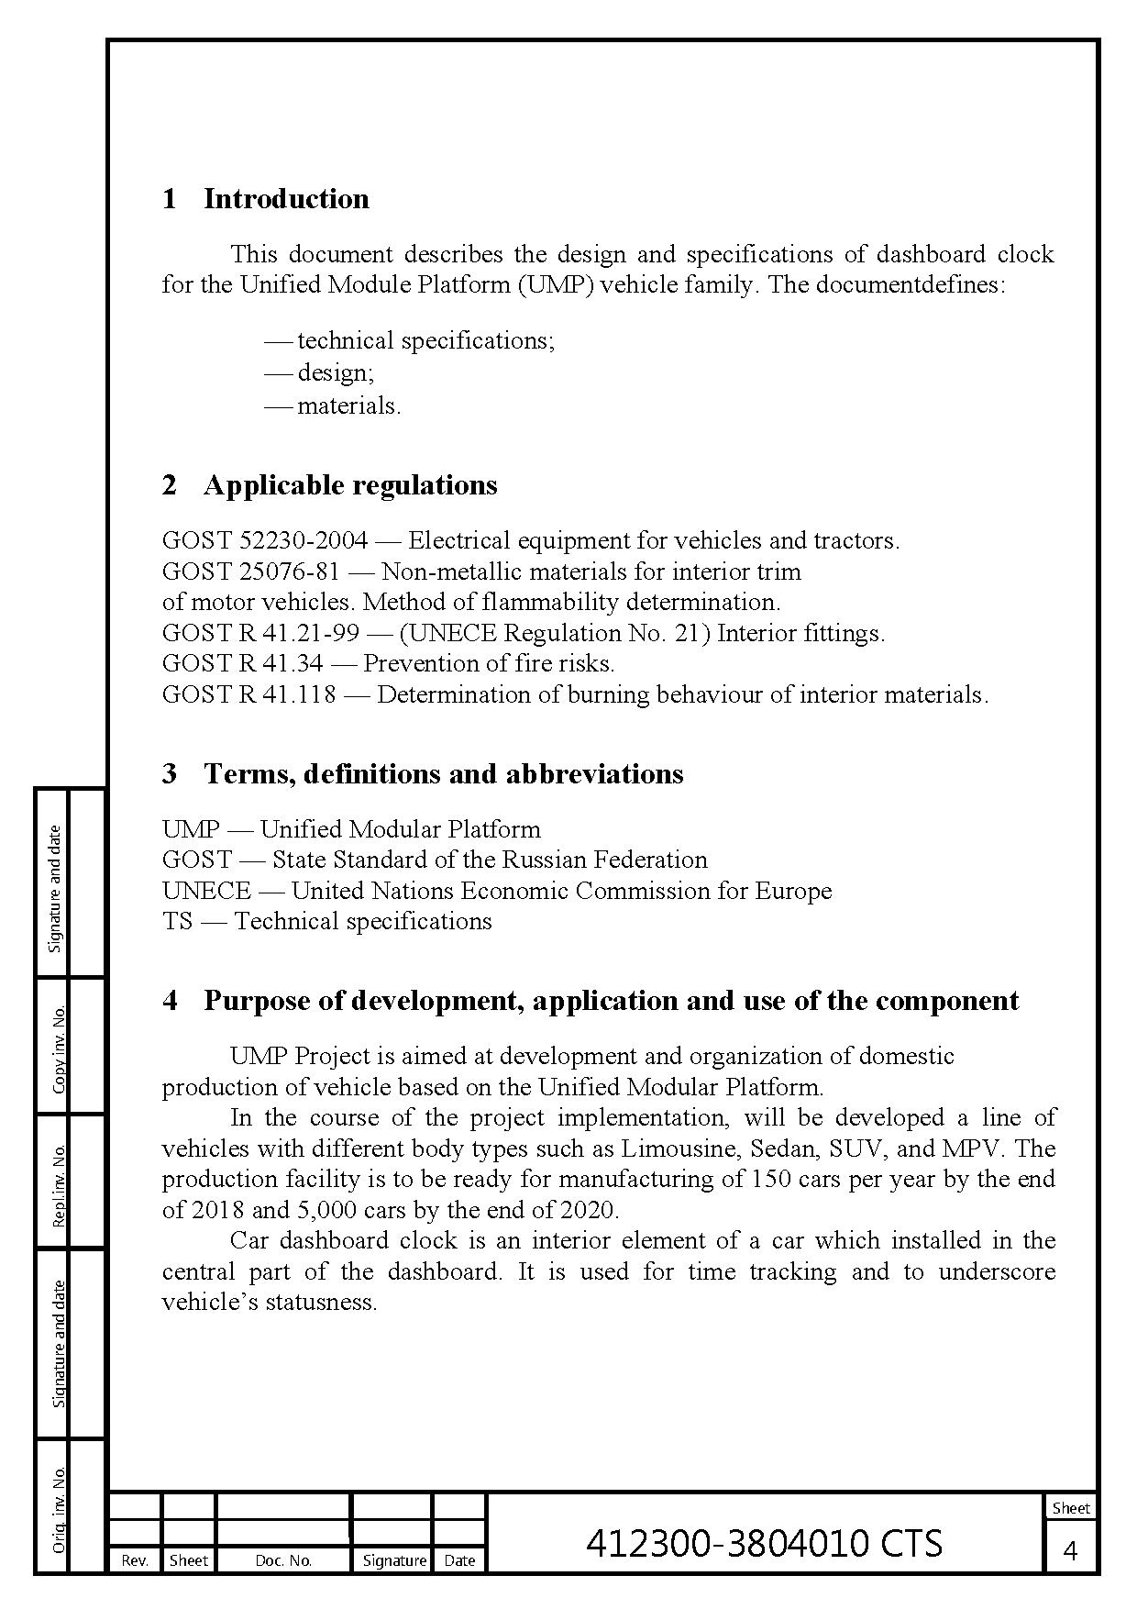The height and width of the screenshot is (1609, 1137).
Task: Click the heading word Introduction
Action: point(286,199)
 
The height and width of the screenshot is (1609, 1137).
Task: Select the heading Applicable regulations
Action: point(350,485)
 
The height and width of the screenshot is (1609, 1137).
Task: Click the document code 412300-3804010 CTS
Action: point(764,1544)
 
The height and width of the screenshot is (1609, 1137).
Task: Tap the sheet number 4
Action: point(1070,1551)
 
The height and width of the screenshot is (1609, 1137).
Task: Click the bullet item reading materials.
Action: point(348,405)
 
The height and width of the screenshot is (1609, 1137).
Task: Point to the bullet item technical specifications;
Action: point(425,340)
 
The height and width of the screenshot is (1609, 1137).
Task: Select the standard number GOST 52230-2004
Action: point(265,540)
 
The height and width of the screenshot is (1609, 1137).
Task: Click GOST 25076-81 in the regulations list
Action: point(250,571)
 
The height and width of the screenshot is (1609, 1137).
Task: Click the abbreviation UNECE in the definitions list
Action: point(206,891)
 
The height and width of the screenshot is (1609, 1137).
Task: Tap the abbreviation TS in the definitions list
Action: point(177,921)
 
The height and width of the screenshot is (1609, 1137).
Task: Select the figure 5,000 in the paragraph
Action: point(326,1210)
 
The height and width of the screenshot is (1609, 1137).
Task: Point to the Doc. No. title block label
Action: point(283,1560)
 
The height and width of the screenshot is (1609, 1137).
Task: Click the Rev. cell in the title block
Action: point(135,1560)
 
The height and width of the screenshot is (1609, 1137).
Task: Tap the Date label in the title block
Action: point(459,1560)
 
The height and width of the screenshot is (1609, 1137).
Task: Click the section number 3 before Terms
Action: point(170,774)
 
